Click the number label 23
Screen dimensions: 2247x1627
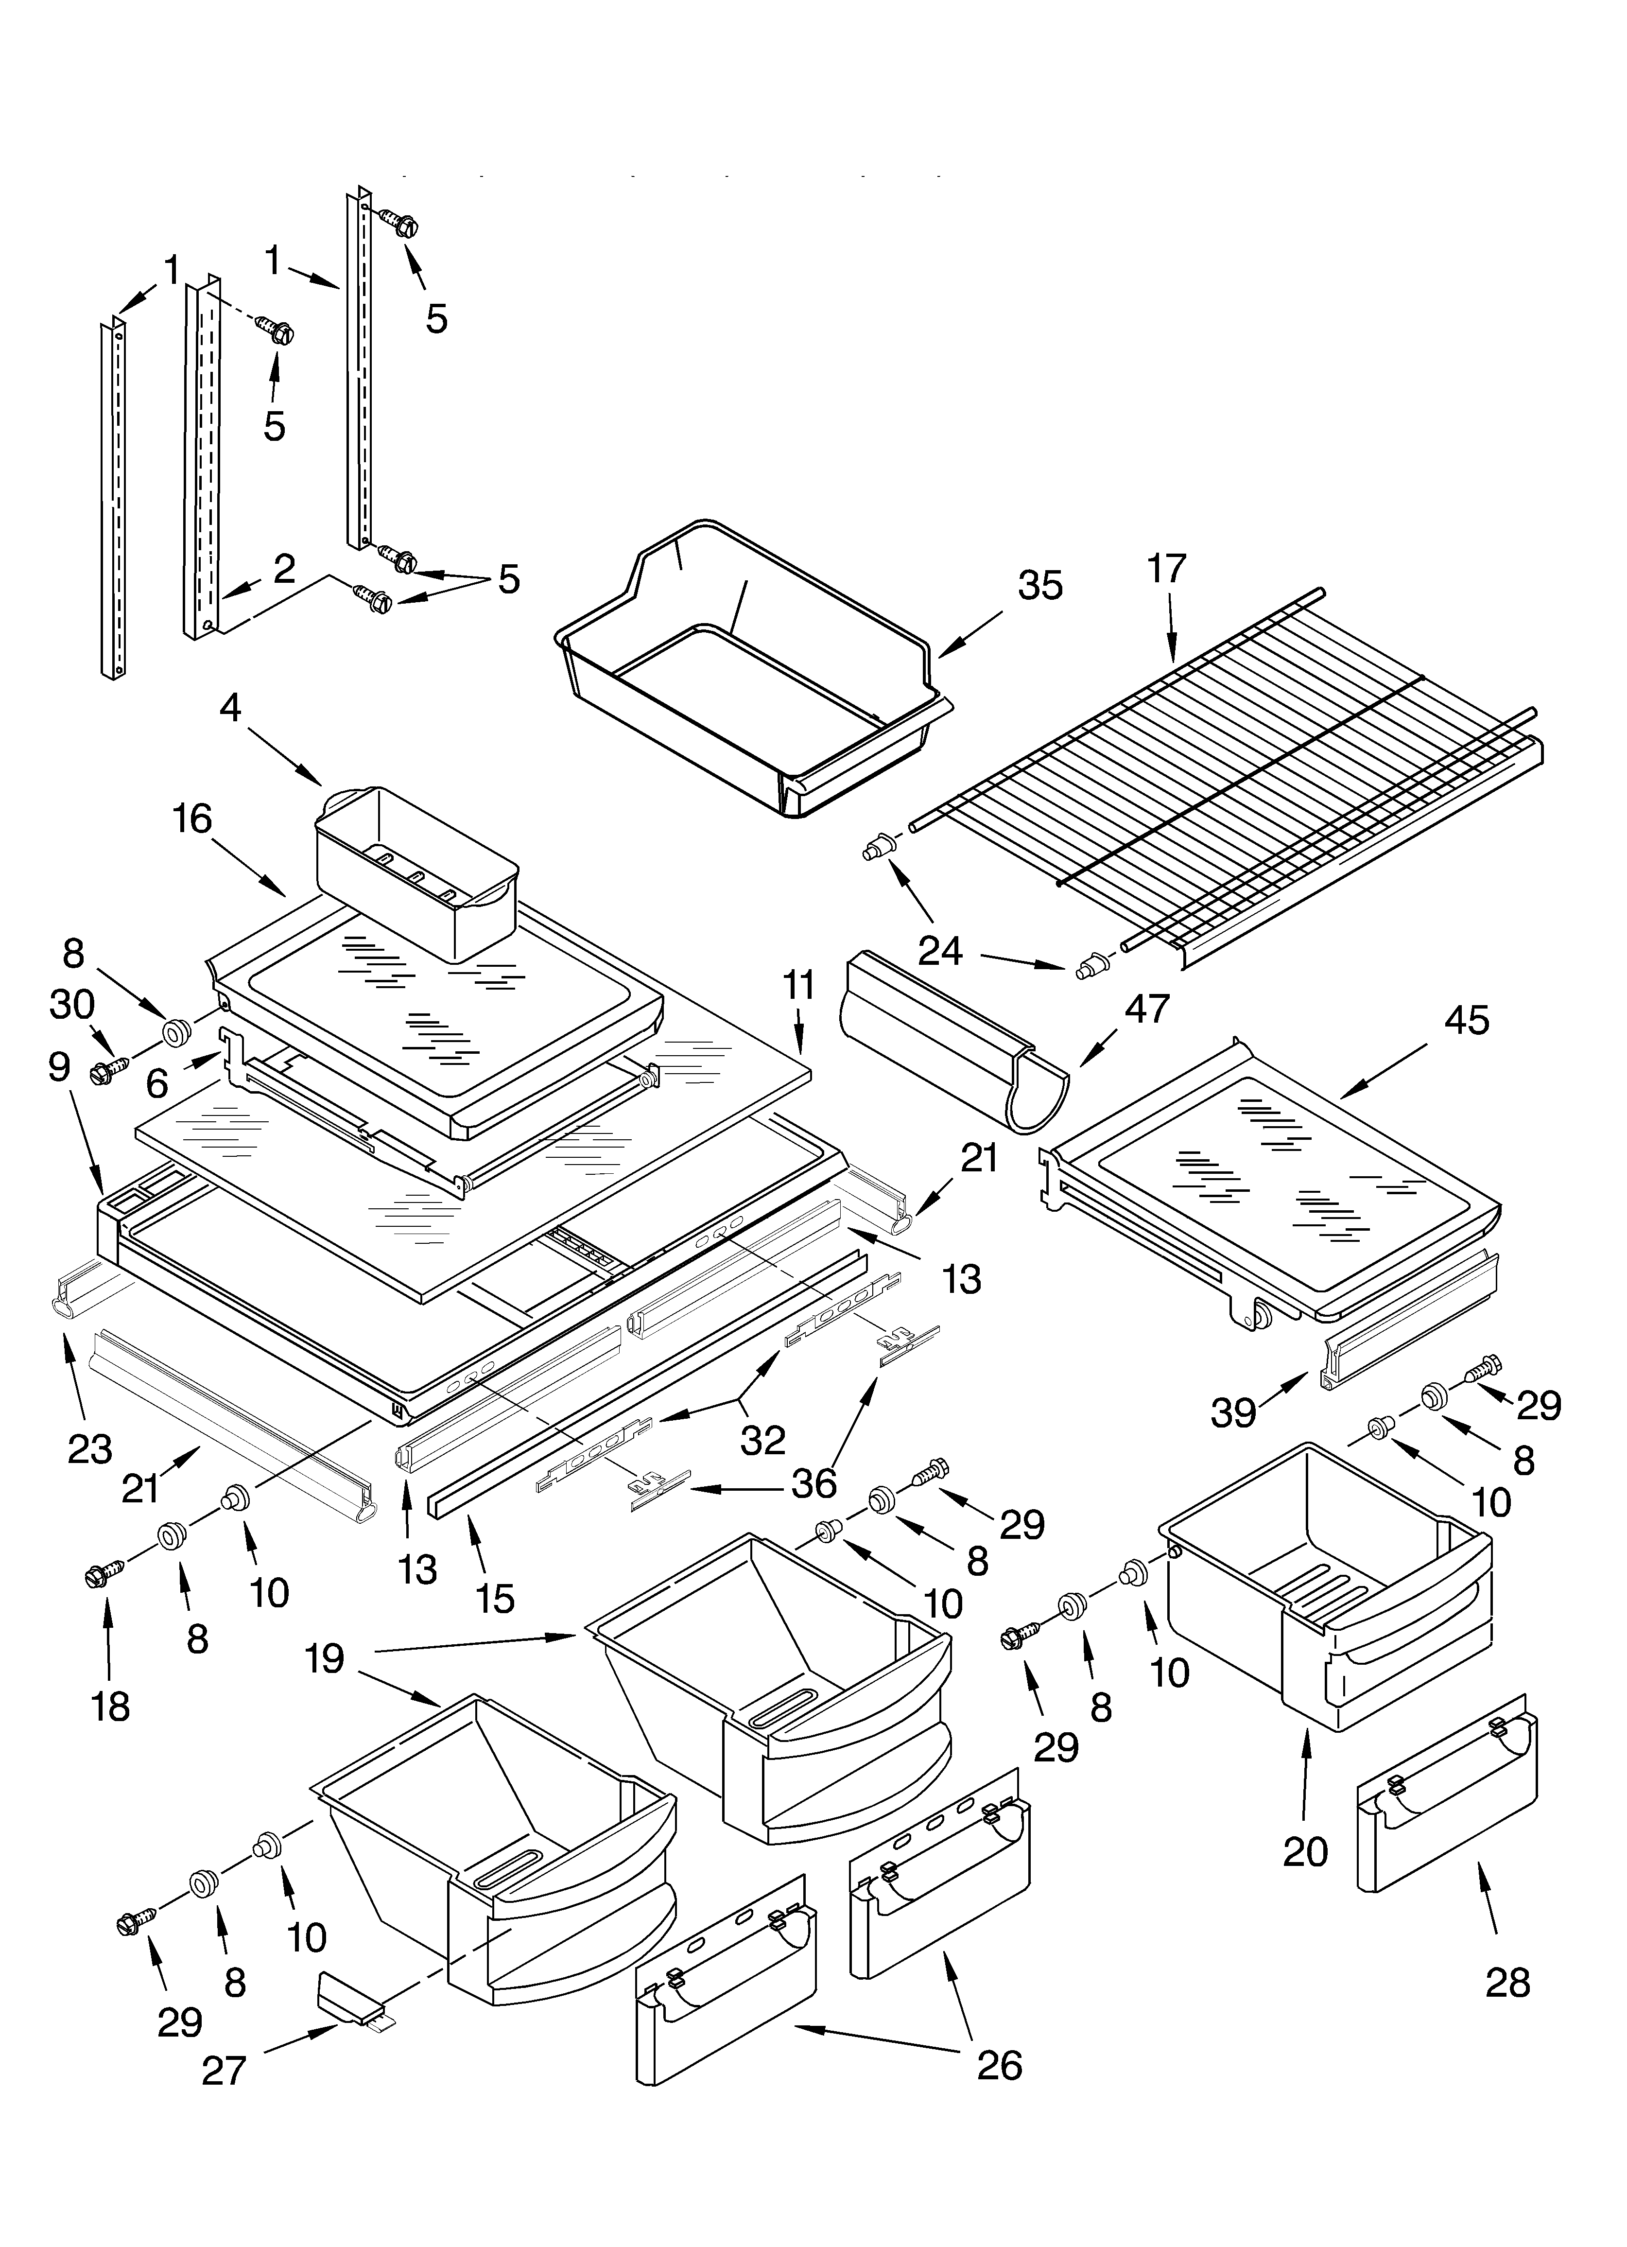[x=89, y=1448]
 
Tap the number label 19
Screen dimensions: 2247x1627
[x=324, y=1657]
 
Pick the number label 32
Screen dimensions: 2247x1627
[x=763, y=1440]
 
